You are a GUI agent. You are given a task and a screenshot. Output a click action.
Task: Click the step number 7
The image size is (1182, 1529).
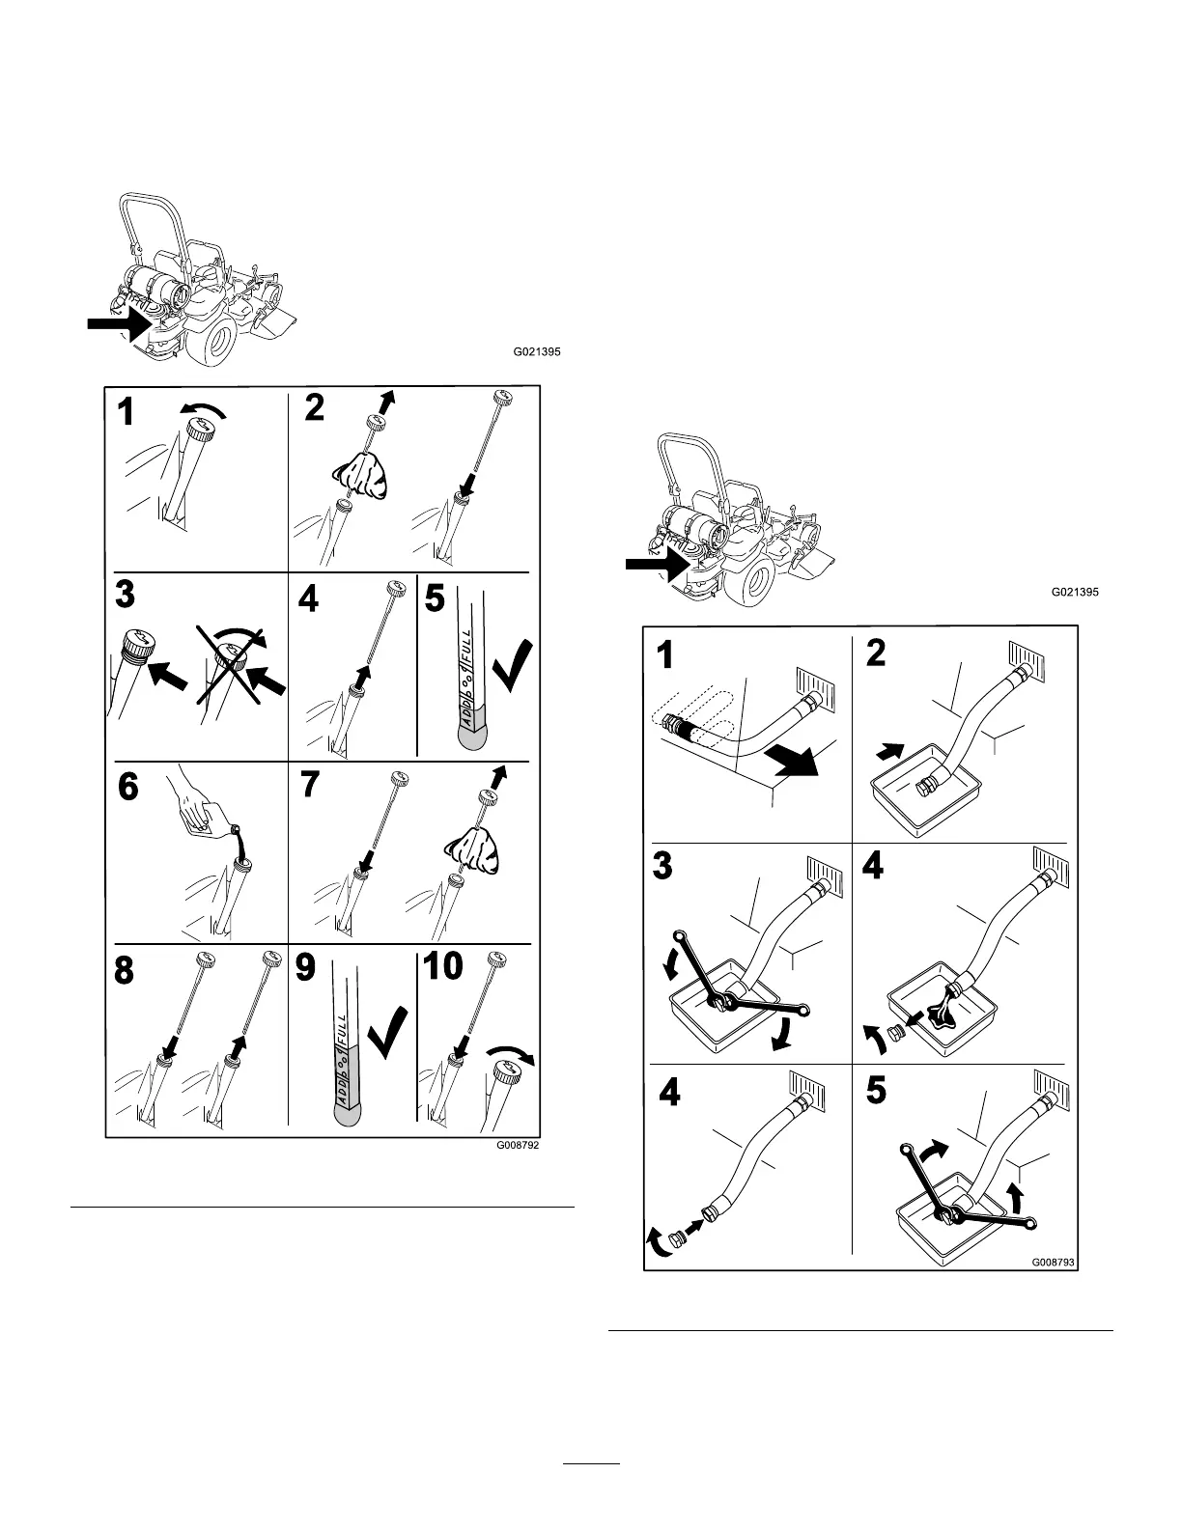[309, 786]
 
